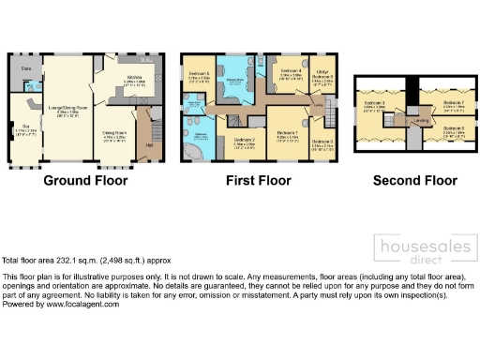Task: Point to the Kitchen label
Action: (x=134, y=79)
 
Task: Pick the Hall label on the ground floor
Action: (x=148, y=145)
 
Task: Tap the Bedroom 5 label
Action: (x=198, y=73)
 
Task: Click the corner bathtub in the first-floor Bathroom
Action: (x=197, y=150)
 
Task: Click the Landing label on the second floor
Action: (x=422, y=119)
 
